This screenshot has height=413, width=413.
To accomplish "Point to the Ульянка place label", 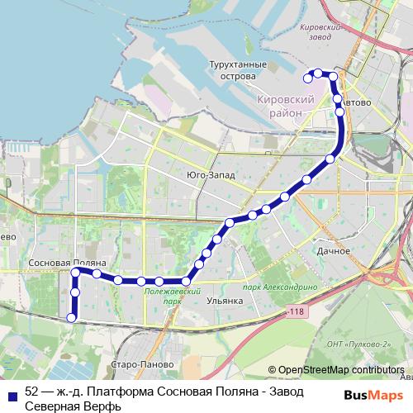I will (x=224, y=301).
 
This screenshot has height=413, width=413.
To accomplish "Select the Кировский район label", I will (x=287, y=105).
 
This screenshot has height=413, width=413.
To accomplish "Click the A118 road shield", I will (x=297, y=311).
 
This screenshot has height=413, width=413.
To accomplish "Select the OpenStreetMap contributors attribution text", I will (x=340, y=370).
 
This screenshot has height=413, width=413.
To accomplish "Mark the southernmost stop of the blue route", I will (x=71, y=318).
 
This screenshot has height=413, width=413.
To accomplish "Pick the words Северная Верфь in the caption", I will (x=73, y=406).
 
